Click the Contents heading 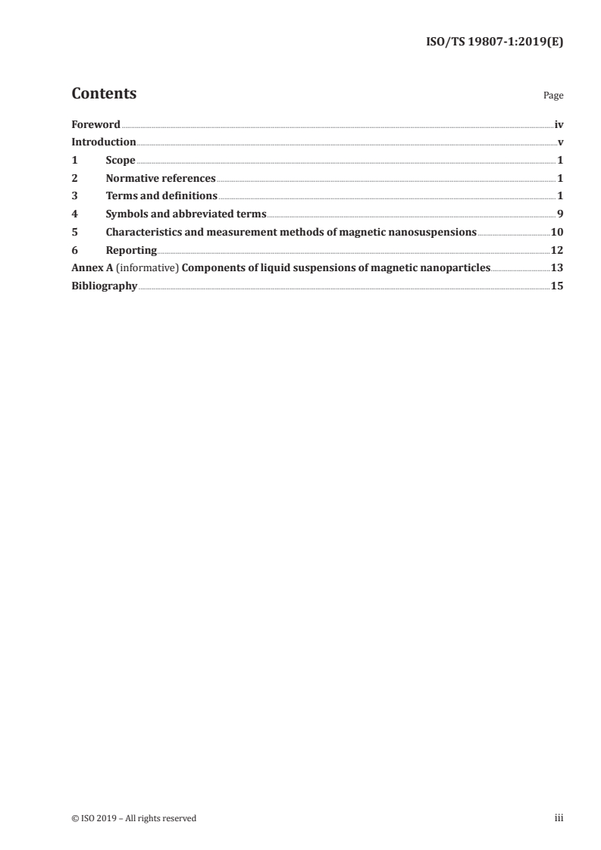pos(104,94)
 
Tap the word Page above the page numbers pos(553,96)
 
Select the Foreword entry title pos(95,124)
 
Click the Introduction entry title pos(104,142)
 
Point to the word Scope pos(121,161)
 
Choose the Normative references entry pos(161,179)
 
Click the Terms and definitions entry pos(161,196)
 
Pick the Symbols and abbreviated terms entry pos(186,214)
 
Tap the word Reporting pos(131,251)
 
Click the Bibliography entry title pos(104,286)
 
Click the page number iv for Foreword pos(559,124)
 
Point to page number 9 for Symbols pos(560,214)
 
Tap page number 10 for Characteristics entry pos(557,233)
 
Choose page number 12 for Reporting pos(557,251)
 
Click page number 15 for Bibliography pos(557,286)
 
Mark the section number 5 pos(74,233)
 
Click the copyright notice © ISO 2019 pos(133,818)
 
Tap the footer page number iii pos(559,818)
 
